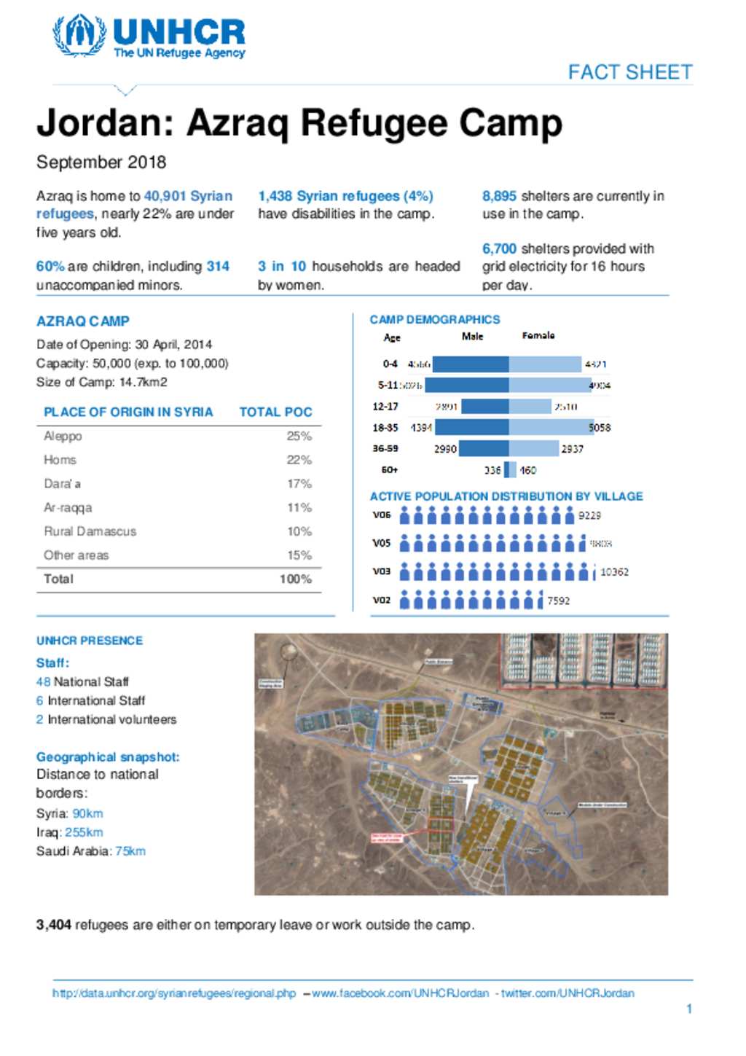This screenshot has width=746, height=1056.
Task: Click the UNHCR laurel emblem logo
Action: [79, 35]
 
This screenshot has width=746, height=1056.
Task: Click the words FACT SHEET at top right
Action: [629, 72]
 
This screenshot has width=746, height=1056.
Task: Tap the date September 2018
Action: [101, 162]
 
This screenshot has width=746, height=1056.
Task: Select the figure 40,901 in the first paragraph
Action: [165, 196]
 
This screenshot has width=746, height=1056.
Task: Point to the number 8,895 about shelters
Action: [499, 196]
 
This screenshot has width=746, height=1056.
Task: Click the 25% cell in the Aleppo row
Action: [299, 436]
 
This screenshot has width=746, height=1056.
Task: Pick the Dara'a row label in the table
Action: [62, 484]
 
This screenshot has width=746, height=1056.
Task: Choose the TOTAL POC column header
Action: [275, 412]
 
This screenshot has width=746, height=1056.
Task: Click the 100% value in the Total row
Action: [295, 579]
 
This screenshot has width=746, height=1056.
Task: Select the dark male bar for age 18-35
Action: [472, 428]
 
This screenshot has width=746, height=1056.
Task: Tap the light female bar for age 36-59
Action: [533, 449]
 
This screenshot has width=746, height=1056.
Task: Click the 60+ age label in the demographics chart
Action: [389, 470]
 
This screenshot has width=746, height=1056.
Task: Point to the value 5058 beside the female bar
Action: [600, 428]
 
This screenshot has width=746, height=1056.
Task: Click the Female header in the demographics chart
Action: [538, 336]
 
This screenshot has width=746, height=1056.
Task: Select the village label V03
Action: [382, 571]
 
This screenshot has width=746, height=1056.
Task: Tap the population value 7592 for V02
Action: [558, 601]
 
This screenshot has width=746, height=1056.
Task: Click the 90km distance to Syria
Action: [87, 813]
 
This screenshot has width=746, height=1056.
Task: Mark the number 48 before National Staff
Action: [43, 682]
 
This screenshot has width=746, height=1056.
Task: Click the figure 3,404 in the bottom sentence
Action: [53, 925]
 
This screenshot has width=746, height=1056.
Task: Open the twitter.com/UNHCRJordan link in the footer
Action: [568, 993]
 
